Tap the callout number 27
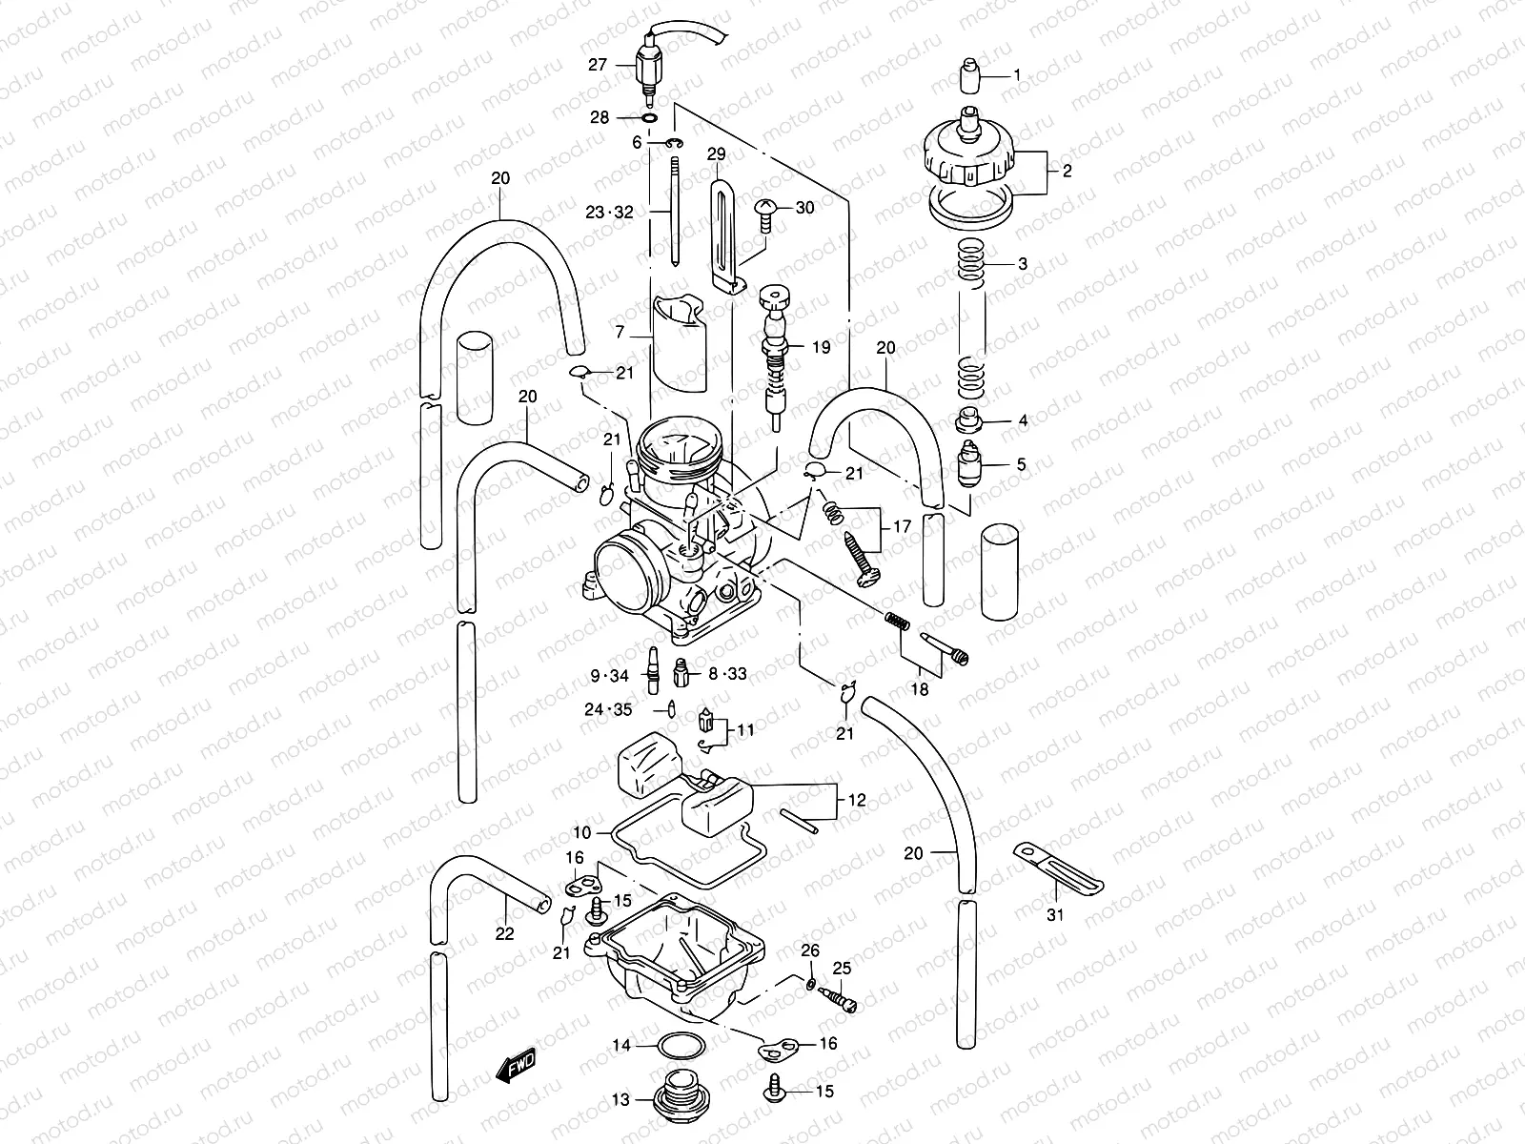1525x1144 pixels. [x=597, y=65]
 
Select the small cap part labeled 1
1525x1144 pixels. [x=968, y=74]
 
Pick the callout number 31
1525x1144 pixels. [x=1055, y=914]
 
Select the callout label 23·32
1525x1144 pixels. [x=610, y=214]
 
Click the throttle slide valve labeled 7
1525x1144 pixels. [x=680, y=345]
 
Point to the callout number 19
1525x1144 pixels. [x=821, y=347]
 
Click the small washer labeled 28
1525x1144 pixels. [x=649, y=118]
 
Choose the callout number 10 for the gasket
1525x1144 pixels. [x=581, y=832]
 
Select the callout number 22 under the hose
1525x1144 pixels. [x=504, y=933]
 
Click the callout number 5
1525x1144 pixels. [x=1021, y=465]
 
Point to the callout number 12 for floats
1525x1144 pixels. [x=857, y=801]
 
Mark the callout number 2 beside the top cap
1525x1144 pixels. [x=1067, y=172]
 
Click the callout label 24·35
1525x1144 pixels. [x=609, y=709]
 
